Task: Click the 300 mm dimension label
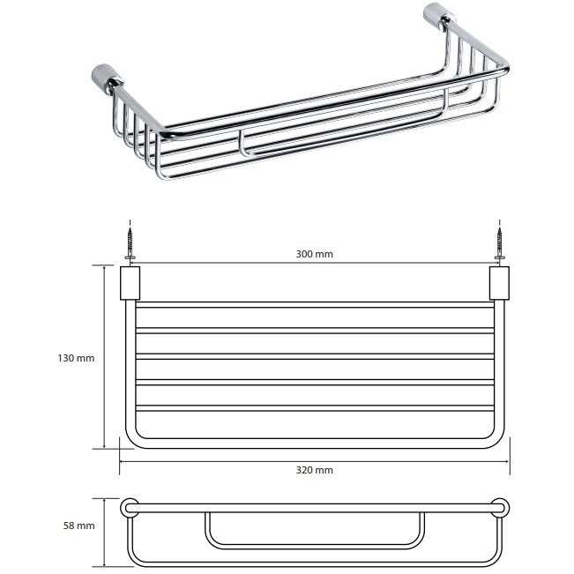click(x=315, y=254)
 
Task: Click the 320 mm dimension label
click(x=315, y=470)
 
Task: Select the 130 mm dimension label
click(x=76, y=358)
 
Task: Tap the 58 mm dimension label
click(x=79, y=526)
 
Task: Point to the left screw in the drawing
click(x=130, y=243)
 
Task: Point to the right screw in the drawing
click(x=500, y=243)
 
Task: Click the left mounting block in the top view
click(x=130, y=283)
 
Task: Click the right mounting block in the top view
click(x=499, y=283)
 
